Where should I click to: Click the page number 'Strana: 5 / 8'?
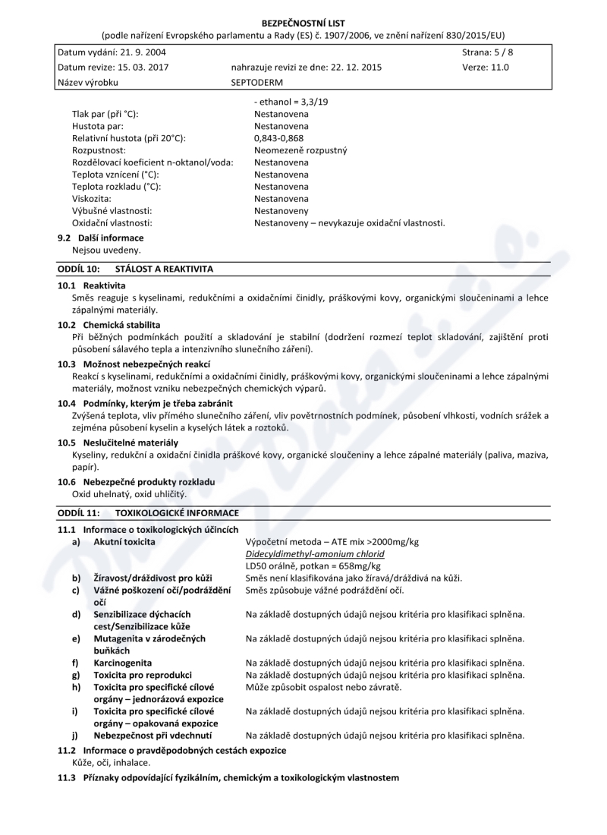[x=487, y=52]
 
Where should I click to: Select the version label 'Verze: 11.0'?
[x=486, y=67]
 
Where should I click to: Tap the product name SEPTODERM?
[x=257, y=82]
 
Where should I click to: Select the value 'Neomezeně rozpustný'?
[x=300, y=150]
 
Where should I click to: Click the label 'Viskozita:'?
[x=92, y=199]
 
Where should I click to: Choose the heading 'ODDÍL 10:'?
[x=79, y=269]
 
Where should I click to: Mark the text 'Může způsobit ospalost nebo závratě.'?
[x=324, y=688]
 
